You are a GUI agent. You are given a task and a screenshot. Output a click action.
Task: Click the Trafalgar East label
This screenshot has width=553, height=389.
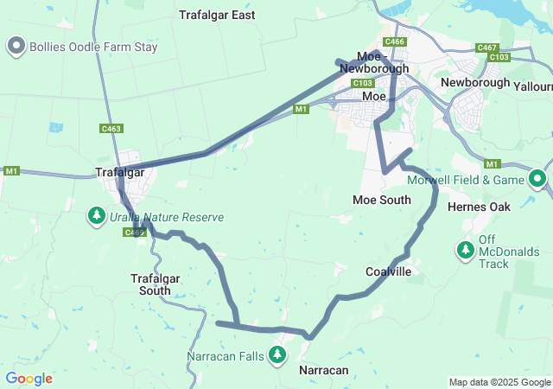click(217, 15)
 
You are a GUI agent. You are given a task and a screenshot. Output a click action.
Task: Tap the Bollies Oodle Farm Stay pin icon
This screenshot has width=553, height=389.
click(16, 47)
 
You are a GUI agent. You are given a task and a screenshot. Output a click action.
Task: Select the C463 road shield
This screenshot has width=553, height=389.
click(111, 129)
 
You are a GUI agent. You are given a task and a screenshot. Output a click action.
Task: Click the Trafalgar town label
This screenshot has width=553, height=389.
click(119, 172)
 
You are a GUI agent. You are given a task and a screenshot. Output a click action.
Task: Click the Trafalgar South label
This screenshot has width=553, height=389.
click(150, 284)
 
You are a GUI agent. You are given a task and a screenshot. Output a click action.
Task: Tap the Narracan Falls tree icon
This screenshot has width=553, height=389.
click(277, 354)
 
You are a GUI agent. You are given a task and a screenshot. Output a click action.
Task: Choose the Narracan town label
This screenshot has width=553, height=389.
click(323, 370)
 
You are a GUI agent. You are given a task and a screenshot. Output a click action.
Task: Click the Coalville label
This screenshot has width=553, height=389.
click(388, 271)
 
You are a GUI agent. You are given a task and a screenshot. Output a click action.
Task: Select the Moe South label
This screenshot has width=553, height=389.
click(382, 200)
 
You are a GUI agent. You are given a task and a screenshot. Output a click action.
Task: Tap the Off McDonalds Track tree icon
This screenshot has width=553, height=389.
click(466, 251)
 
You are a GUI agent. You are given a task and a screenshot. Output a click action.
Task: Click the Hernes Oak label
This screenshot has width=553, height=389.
click(480, 207)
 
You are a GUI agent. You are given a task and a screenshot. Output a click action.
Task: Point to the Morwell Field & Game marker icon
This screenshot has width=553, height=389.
click(537, 180)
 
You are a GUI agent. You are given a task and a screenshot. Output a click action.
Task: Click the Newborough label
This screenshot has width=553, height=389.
click(474, 82)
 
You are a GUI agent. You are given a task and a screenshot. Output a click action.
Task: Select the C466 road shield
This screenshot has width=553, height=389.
click(395, 41)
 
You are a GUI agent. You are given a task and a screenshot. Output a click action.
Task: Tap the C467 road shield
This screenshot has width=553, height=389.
click(486, 48)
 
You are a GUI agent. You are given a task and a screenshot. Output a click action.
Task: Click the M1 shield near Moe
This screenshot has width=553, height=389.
click(301, 110)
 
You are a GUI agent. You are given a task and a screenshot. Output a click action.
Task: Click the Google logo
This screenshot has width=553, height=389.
click(29, 379)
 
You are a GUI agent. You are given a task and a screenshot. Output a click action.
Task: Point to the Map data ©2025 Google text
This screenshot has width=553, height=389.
click(499, 382)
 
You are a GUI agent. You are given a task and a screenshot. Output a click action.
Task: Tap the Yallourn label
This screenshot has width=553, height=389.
click(532, 87)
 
